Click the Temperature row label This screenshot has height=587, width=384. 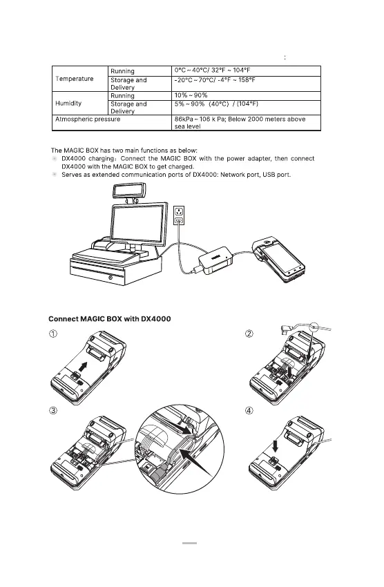click(x=75, y=79)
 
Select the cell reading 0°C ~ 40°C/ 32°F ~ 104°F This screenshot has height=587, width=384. click(x=212, y=70)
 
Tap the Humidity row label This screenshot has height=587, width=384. click(x=68, y=104)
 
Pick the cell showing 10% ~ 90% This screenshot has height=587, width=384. click(x=191, y=95)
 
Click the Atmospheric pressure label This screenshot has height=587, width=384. click(x=88, y=119)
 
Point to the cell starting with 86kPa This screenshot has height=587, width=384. click(x=240, y=123)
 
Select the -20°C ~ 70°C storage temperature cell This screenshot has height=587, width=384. click(x=215, y=80)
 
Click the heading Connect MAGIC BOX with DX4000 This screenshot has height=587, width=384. click(x=110, y=319)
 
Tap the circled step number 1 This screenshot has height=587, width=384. click(x=53, y=334)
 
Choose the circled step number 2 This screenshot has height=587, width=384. click(x=249, y=334)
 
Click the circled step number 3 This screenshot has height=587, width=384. click(x=53, y=411)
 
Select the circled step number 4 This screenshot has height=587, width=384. click(x=249, y=411)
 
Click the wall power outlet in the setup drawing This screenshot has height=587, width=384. click(x=179, y=215)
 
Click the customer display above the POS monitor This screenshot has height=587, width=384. click(x=130, y=190)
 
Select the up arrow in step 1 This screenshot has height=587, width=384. click(x=84, y=367)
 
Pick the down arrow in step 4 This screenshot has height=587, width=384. click(x=276, y=446)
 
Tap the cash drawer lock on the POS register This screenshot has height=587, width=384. click(x=111, y=278)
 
